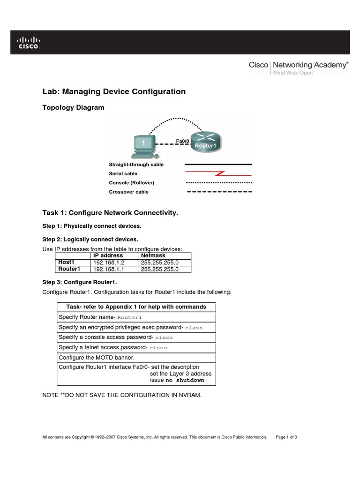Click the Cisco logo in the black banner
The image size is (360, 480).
(29, 43)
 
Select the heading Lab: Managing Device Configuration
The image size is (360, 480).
(114, 91)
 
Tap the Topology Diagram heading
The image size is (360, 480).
(73, 108)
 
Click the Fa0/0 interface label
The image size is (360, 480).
(182, 141)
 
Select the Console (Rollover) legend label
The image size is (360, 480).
(131, 182)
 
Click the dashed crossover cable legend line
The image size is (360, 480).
(219, 192)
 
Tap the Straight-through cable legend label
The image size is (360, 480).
(136, 165)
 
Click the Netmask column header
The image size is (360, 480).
(153, 255)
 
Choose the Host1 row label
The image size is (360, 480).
(66, 262)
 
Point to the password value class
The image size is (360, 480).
(194, 328)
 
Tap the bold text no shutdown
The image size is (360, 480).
(185, 380)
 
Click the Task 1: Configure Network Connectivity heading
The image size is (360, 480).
(110, 213)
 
